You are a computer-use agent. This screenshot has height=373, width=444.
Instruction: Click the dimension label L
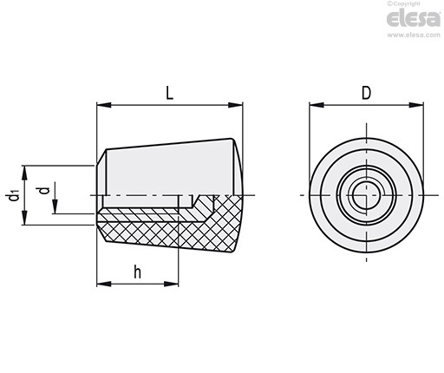169,94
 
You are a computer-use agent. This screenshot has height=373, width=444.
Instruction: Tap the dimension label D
366,94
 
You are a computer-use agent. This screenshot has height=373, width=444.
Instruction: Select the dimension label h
138,272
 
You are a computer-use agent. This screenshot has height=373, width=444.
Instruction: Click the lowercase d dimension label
44,190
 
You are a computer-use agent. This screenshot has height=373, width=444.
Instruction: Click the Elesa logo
414,19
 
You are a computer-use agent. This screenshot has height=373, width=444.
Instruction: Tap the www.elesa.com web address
414,35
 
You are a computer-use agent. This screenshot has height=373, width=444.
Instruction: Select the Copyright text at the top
404,3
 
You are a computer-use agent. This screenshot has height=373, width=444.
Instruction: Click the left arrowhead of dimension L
104,105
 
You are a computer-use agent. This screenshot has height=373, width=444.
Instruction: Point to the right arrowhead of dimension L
236,105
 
